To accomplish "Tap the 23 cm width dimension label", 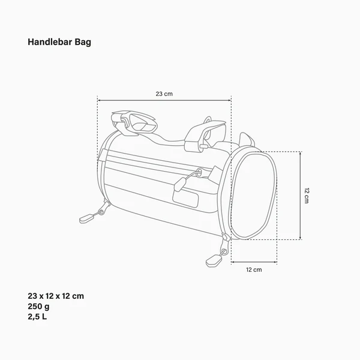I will coord(164,94).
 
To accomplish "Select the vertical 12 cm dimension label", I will coord(306,195).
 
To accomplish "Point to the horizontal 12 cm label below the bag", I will coord(254,270).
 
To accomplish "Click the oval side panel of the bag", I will coord(254,195).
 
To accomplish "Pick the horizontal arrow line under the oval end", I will coord(254,262).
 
